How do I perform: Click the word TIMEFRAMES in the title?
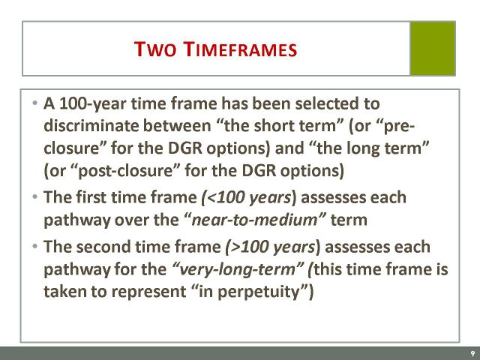tap(241, 49)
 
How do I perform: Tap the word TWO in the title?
tap(155, 49)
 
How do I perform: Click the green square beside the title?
tap(433, 48)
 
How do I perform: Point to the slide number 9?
tap(473, 354)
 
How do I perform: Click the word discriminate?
tap(91, 125)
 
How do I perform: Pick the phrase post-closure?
tap(125, 170)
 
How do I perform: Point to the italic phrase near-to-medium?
tap(254, 220)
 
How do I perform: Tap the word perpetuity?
tap(258, 292)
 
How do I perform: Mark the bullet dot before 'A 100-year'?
tap(35, 103)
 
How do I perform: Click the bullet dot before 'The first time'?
tap(35, 196)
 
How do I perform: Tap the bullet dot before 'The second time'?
tap(35, 246)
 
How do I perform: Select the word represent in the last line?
tap(148, 292)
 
